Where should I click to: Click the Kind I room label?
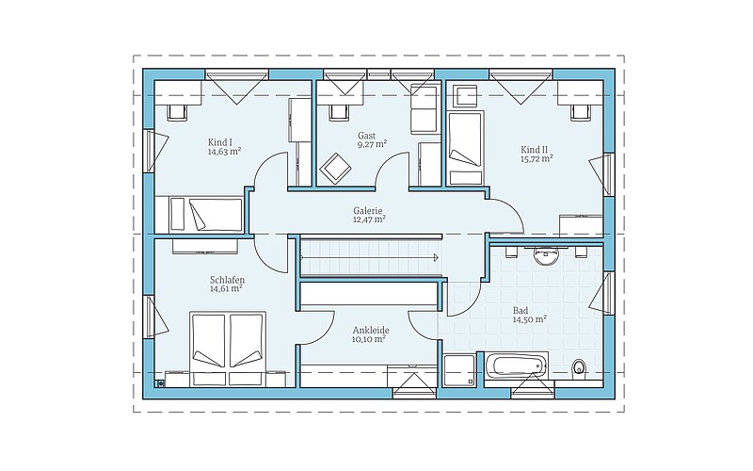(220, 142)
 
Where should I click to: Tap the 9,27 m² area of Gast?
(372, 144)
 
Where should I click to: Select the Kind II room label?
(534, 150)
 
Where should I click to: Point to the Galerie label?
(368, 210)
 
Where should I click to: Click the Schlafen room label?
(227, 280)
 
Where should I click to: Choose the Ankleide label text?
(371, 331)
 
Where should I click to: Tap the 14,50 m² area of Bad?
(530, 319)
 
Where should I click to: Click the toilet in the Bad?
(579, 367)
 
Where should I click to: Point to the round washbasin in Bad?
(544, 255)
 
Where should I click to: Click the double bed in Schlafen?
(228, 349)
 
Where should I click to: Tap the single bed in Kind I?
(199, 215)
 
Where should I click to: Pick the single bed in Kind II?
(464, 148)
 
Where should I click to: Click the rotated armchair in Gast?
(336, 169)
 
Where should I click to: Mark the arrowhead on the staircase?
(436, 257)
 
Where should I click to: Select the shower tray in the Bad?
(459, 370)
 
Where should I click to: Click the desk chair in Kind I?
(176, 111)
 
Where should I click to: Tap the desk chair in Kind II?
(580, 111)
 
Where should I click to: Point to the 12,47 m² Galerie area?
(369, 219)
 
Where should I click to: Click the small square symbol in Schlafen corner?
(160, 383)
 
